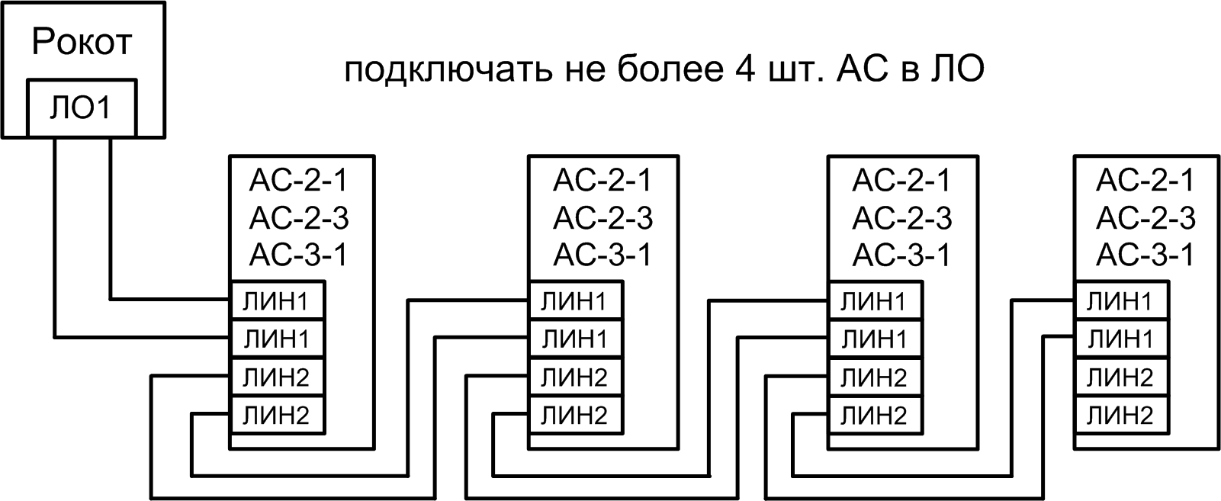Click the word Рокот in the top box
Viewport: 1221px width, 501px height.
[x=82, y=43]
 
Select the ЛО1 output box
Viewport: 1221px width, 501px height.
[x=81, y=108]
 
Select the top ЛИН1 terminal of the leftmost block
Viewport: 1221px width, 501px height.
[x=278, y=301]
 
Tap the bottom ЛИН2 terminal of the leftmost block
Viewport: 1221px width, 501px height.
[x=278, y=416]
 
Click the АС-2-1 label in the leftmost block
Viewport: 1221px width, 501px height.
[x=299, y=181]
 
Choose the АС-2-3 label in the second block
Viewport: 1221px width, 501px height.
[x=603, y=219]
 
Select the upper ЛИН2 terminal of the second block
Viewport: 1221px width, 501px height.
[x=576, y=377]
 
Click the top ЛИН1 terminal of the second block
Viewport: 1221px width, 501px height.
[x=576, y=301]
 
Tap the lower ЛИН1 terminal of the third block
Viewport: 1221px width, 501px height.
[x=875, y=339]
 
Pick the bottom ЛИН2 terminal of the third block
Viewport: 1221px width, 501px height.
[x=875, y=416]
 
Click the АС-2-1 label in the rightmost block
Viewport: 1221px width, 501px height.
[x=1145, y=181]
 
